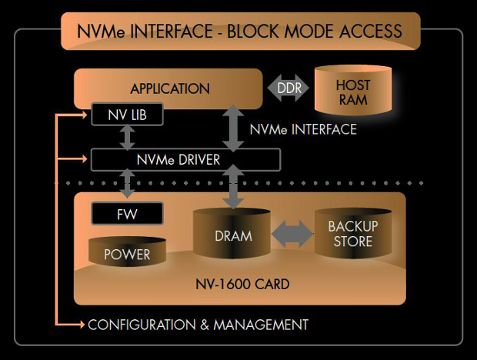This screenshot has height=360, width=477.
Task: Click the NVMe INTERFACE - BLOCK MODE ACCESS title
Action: pyautogui.click(x=240, y=31)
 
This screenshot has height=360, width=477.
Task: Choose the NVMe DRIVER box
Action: pyautogui.click(x=185, y=160)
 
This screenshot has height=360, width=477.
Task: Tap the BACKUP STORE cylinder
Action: pyautogui.click(x=353, y=234)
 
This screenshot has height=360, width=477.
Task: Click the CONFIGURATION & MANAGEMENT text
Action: pyautogui.click(x=198, y=325)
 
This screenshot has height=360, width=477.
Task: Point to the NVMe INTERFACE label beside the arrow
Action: pyautogui.click(x=303, y=130)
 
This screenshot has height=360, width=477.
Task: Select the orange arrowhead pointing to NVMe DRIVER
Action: pyautogui.click(x=82, y=160)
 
